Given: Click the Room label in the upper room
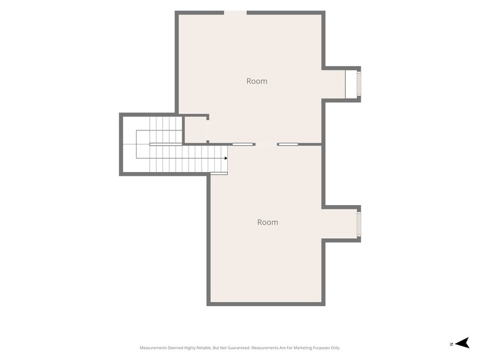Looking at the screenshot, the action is coord(257,81).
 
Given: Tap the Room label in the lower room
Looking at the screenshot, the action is coord(268,222).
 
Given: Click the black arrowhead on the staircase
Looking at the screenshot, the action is coord(226,158).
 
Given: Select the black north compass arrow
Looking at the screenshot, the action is coord(462,343).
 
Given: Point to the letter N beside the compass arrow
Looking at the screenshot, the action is coord(452,344).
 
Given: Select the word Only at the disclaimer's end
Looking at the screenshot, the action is coord(336,348).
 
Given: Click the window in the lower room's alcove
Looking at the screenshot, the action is coord(359,224).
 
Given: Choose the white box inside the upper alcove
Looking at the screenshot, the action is coord(351,84).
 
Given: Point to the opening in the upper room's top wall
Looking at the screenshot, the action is coord(235,12).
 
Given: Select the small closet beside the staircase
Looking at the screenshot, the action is coord(196,129).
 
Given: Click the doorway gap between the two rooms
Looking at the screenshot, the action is coord(266,144).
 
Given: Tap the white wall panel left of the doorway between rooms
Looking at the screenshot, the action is coord(242,144).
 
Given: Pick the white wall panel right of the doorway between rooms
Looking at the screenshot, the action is coord(288,144).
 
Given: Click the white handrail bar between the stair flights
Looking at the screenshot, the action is coord(165,144).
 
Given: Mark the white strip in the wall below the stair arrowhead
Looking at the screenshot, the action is coord(219,174).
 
